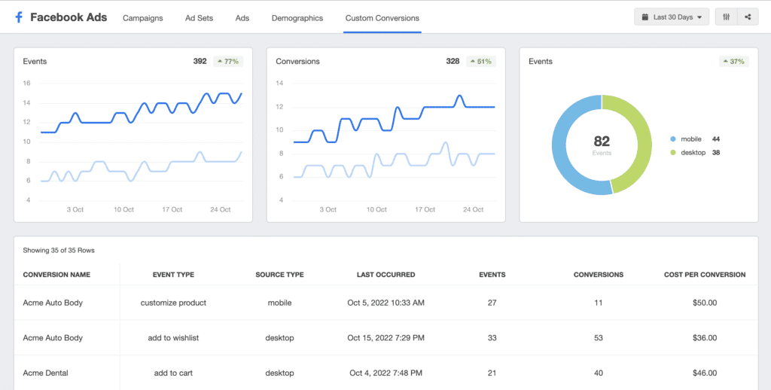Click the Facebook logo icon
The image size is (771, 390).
point(19,18)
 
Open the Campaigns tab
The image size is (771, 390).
point(142,18)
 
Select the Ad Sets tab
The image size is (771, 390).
point(199,18)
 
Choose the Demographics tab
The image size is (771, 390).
point(297,18)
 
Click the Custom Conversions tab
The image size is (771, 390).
point(382,18)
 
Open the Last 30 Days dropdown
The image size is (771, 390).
point(672,17)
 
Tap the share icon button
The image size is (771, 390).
point(748,17)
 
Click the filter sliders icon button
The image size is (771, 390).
point(727,17)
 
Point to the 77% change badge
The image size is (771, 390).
point(228,62)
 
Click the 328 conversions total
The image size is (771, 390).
point(453,62)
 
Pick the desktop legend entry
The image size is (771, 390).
point(695,152)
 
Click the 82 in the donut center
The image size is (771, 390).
point(602,142)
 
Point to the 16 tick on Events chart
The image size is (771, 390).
point(26,83)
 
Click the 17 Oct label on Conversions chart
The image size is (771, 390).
point(425,209)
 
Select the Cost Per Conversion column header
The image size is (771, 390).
point(705,274)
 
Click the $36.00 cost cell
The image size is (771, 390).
point(705,338)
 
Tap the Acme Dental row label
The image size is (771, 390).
point(45,373)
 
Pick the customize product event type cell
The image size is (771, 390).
point(174,303)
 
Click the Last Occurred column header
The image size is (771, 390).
point(386,274)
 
